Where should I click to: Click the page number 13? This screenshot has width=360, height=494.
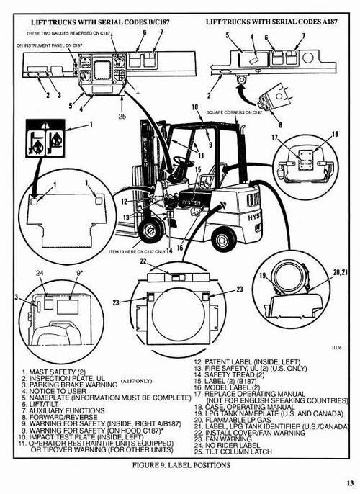349,482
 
